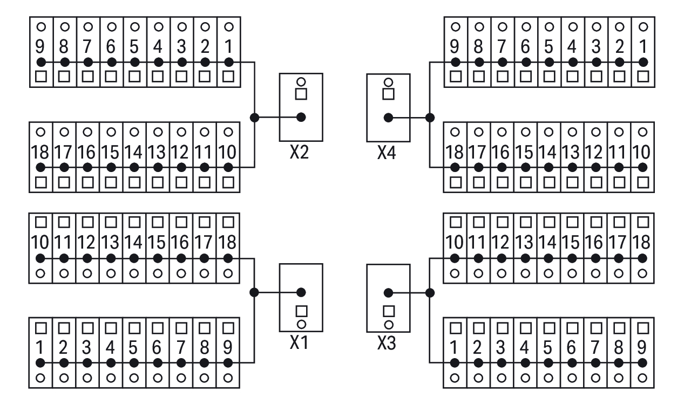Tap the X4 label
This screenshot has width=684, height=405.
(x=387, y=156)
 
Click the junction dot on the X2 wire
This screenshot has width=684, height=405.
(x=254, y=117)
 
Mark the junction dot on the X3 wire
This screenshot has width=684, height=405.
(x=430, y=292)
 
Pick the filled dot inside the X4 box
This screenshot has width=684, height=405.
(x=387, y=117)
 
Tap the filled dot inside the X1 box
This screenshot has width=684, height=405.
(x=301, y=292)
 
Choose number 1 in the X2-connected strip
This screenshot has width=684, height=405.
(x=228, y=47)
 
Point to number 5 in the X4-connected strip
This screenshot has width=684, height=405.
(x=549, y=47)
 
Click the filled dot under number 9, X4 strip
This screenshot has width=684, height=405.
(x=456, y=62)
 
